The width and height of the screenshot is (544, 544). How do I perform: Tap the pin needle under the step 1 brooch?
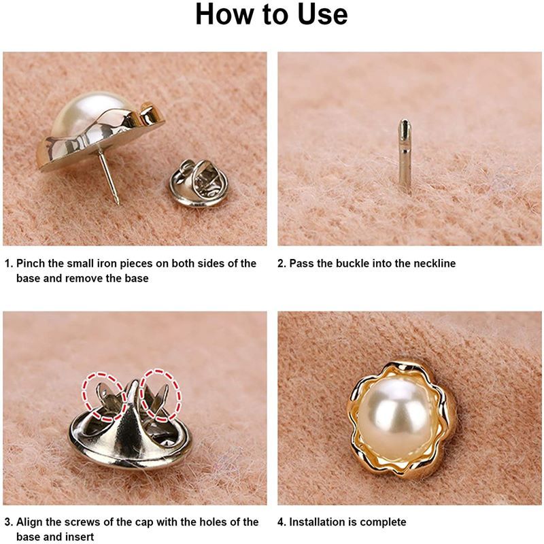[108, 176]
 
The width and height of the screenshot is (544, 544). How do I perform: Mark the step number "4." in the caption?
[282, 522]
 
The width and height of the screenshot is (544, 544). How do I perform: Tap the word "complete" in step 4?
[385, 522]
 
